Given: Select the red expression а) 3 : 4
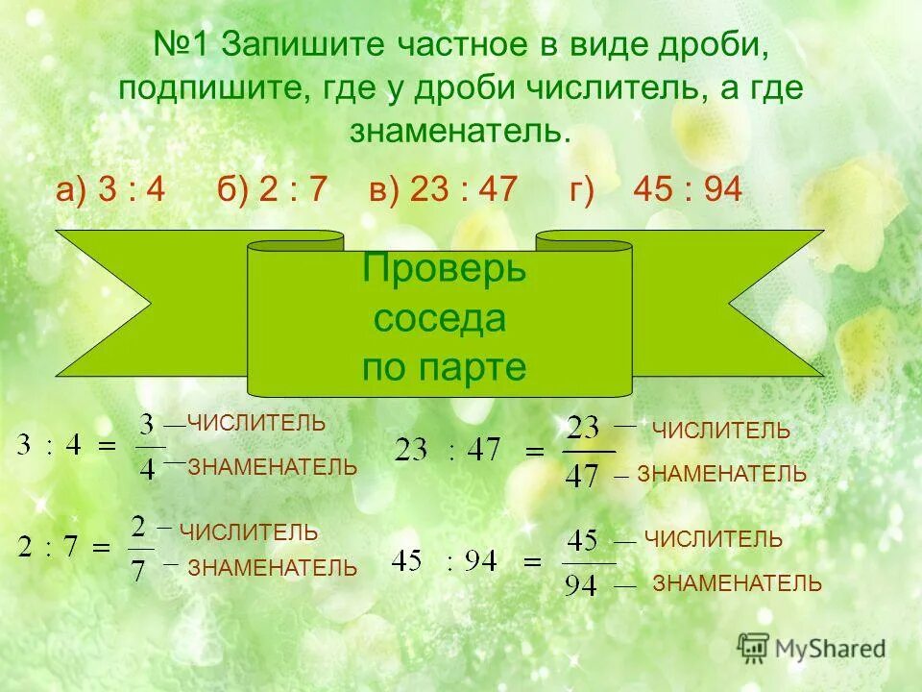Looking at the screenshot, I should point(110,190).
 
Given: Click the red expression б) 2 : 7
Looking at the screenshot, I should point(273,190).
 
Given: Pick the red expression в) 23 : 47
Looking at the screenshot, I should point(443,190).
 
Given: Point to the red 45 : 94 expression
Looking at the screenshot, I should point(688,190).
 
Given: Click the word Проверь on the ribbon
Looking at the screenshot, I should point(444,269).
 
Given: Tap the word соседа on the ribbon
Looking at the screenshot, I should point(440,319).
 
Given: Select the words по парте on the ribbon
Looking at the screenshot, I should point(444,368).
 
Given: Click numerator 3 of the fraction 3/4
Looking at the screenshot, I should point(148,425).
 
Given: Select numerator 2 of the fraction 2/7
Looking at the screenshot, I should point(138,527).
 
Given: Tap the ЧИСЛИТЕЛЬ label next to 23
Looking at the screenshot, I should point(721,432).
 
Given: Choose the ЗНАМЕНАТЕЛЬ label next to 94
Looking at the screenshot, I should point(737,582).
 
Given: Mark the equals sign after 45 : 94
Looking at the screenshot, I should point(532,562).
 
